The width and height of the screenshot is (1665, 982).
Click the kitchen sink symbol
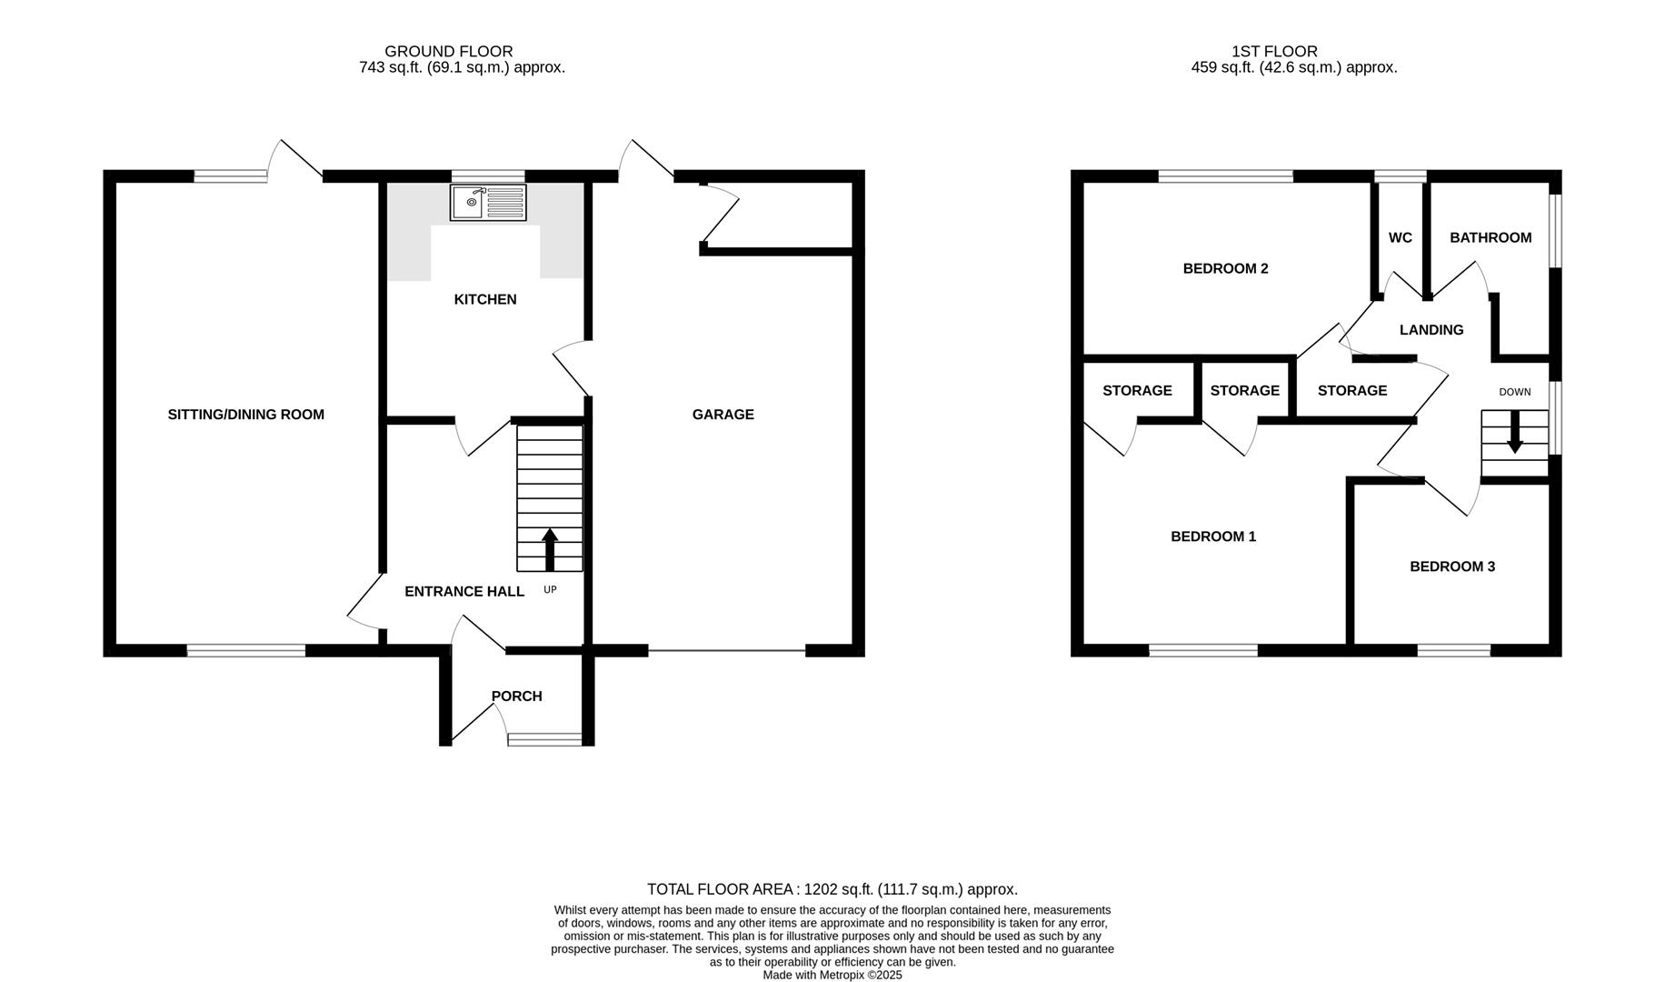click(488, 202)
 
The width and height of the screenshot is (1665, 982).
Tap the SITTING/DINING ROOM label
click(245, 415)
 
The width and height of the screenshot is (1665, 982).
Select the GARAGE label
click(723, 415)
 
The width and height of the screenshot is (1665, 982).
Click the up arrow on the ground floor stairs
click(550, 548)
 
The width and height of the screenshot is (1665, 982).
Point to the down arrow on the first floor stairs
click(1514, 433)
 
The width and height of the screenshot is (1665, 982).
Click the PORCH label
click(516, 696)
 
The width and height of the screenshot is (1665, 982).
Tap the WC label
click(1400, 237)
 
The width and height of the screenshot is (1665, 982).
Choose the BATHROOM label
click(1490, 237)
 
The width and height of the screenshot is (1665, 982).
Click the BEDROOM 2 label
click(1225, 268)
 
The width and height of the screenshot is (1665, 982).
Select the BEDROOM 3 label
click(1451, 566)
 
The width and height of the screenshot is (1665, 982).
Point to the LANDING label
click(1431, 330)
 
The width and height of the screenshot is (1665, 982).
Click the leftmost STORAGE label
click(1137, 390)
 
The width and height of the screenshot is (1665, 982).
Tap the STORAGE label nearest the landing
click(1351, 390)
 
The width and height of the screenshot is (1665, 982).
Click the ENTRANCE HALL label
click(464, 591)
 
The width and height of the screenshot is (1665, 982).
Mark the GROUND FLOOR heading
click(448, 52)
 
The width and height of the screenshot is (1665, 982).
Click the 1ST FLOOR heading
click(1273, 52)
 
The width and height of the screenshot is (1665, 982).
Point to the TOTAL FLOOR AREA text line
click(832, 889)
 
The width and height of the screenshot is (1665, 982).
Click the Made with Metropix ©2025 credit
click(832, 975)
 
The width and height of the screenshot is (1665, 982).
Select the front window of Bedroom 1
click(1202, 650)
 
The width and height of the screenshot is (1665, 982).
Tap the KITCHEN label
click(484, 299)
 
